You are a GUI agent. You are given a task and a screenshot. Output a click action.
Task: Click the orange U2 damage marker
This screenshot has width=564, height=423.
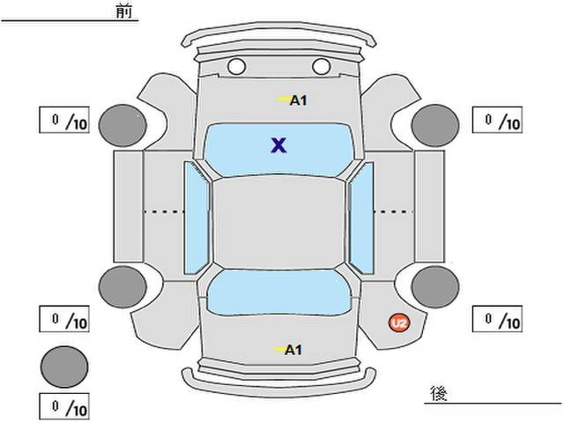400,323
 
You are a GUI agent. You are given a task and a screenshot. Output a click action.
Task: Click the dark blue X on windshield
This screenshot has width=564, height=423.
278,145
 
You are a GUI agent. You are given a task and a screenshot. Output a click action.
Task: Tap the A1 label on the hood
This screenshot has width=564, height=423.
297,100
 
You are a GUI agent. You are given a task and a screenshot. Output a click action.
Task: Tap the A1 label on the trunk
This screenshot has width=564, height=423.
293,350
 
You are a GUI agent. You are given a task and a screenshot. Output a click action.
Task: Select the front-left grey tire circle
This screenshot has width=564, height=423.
122,124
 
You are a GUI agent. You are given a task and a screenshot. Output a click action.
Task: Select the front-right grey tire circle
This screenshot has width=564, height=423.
434,124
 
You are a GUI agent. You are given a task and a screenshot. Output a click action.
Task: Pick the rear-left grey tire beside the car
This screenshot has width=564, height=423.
122,286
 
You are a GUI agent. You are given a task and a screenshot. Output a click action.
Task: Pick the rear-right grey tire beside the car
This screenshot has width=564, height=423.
434,286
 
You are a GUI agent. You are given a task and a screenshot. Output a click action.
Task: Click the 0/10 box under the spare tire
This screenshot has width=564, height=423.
63,408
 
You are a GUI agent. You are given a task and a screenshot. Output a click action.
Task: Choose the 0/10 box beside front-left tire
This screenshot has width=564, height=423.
63,120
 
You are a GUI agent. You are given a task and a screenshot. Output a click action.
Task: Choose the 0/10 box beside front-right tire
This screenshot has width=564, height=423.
497,120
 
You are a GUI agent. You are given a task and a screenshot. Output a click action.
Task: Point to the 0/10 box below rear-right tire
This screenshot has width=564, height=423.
497,317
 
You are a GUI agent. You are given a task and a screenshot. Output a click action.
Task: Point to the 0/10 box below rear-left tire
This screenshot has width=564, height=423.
63,317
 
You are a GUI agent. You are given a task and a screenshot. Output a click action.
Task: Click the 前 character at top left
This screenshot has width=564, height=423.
122,11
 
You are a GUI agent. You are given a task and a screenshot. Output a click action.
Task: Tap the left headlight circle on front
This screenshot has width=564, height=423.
236,66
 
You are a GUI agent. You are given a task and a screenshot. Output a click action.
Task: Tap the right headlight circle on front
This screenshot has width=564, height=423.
320,66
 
